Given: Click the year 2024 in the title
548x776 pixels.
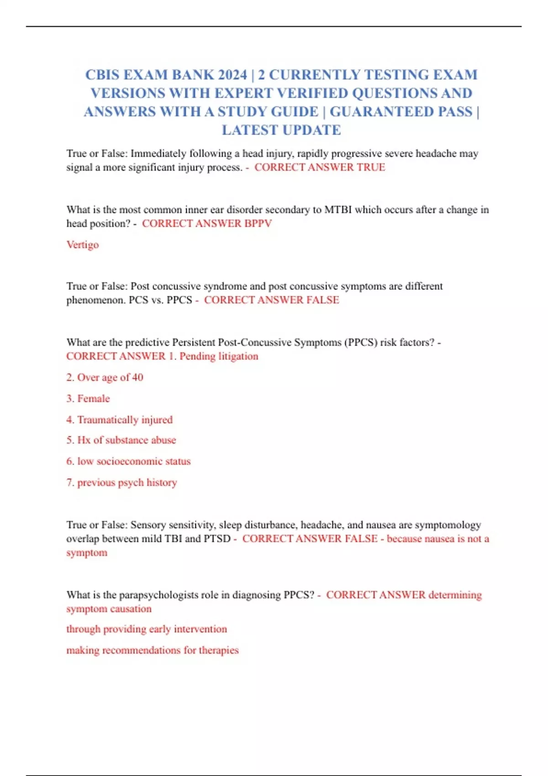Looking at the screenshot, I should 232,75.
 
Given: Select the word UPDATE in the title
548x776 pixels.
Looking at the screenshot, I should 311,130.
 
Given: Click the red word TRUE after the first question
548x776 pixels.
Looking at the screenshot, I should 371,168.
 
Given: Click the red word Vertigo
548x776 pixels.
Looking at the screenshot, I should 83,245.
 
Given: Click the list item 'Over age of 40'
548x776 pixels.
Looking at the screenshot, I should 105,378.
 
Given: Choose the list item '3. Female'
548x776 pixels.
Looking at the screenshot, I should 88,399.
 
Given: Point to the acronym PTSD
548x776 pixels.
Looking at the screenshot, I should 217,539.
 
